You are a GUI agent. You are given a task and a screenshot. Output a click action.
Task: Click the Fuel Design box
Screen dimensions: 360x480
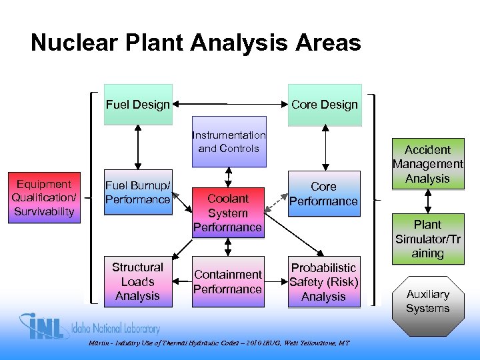point(138,105)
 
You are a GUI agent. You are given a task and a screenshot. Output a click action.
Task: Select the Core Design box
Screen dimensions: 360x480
point(324,105)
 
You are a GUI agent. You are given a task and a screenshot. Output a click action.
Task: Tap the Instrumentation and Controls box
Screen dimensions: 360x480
point(229,142)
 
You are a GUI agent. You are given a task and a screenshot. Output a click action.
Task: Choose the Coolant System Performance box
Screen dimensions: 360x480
point(228,212)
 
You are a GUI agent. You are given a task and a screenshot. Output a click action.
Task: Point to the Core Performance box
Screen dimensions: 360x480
point(324,193)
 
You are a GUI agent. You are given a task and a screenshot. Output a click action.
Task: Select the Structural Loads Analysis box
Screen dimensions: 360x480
point(138,282)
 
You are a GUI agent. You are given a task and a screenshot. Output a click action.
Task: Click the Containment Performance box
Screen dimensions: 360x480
point(228,282)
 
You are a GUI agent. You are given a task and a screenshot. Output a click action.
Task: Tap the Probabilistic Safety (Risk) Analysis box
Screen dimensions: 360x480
point(324,282)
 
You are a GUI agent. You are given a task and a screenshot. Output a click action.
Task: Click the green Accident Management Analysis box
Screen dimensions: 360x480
point(427,164)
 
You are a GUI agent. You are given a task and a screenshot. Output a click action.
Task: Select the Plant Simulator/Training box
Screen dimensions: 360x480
point(427,239)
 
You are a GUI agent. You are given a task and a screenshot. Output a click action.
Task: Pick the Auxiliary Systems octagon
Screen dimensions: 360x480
point(427,301)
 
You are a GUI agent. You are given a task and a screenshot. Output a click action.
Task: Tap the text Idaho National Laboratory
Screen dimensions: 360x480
point(117,329)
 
